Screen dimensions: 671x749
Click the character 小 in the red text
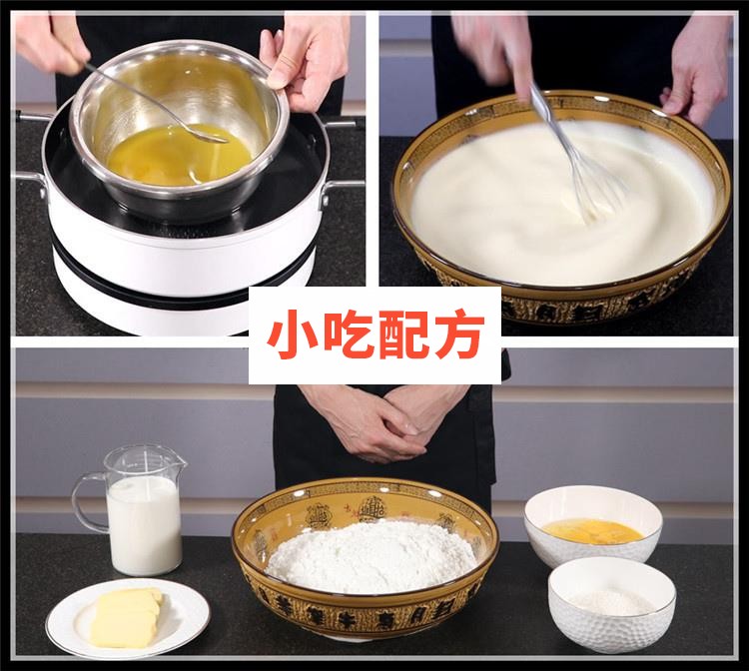(290, 337)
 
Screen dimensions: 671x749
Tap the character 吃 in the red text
(346, 337)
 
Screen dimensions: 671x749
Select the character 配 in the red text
(401, 337)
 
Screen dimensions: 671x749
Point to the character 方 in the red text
(458, 337)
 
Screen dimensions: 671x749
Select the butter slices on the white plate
(126, 616)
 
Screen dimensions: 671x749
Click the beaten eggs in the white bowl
(592, 530)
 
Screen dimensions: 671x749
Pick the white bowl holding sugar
(611, 603)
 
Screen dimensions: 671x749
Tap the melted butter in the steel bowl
(165, 155)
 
